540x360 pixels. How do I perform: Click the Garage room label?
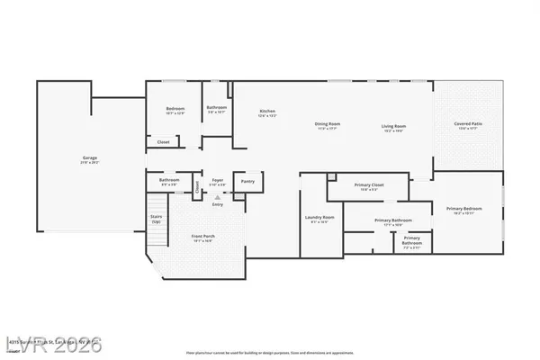coord(91,158)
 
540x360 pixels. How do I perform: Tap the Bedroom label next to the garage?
coord(163,110)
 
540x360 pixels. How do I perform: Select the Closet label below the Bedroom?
coord(164,141)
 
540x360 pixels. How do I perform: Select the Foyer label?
coord(218,180)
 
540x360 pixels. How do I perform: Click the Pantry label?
coord(247,181)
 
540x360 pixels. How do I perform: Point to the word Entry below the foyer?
coord(217,204)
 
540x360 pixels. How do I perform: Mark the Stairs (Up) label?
coord(156,219)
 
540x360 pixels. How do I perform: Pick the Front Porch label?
coord(202,236)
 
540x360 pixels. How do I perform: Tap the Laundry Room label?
coord(321,217)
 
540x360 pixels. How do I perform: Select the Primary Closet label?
coord(370,184)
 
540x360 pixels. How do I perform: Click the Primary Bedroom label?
coord(464,209)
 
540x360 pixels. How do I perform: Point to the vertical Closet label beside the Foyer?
coord(197,186)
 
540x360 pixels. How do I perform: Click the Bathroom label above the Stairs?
coord(170,180)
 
